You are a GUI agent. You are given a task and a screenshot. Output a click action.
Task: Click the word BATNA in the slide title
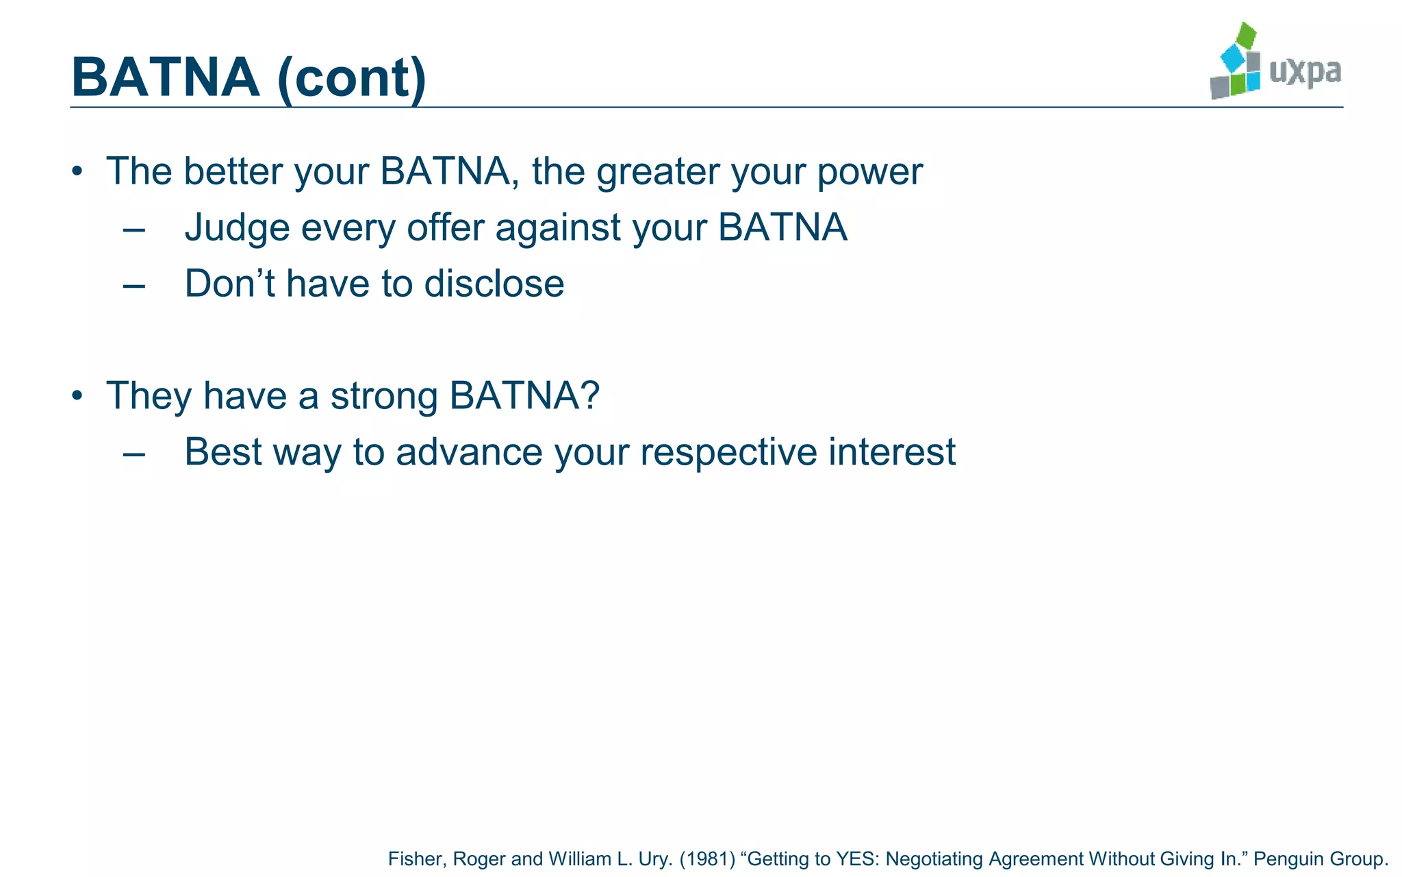point(165,77)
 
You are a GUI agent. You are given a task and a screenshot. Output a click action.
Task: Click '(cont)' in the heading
point(352,78)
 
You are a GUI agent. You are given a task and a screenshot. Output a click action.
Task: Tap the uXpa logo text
point(1305,71)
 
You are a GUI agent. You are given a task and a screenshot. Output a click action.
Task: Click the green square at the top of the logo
point(1247,35)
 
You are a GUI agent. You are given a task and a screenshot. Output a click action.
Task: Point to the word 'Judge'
point(237,228)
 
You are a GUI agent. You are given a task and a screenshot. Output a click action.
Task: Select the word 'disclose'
point(494,283)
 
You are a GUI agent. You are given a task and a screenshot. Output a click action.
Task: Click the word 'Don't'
point(229,283)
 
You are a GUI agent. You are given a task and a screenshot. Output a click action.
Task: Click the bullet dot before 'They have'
point(77,395)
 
